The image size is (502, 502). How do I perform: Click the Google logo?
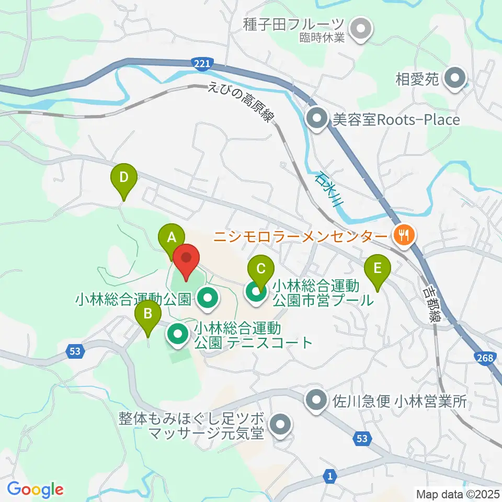coord(35,489)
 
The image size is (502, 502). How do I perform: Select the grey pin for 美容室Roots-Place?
coord(317,119)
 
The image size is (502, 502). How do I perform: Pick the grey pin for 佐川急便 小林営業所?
coord(317,402)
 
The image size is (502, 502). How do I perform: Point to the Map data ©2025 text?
coord(458,493)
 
